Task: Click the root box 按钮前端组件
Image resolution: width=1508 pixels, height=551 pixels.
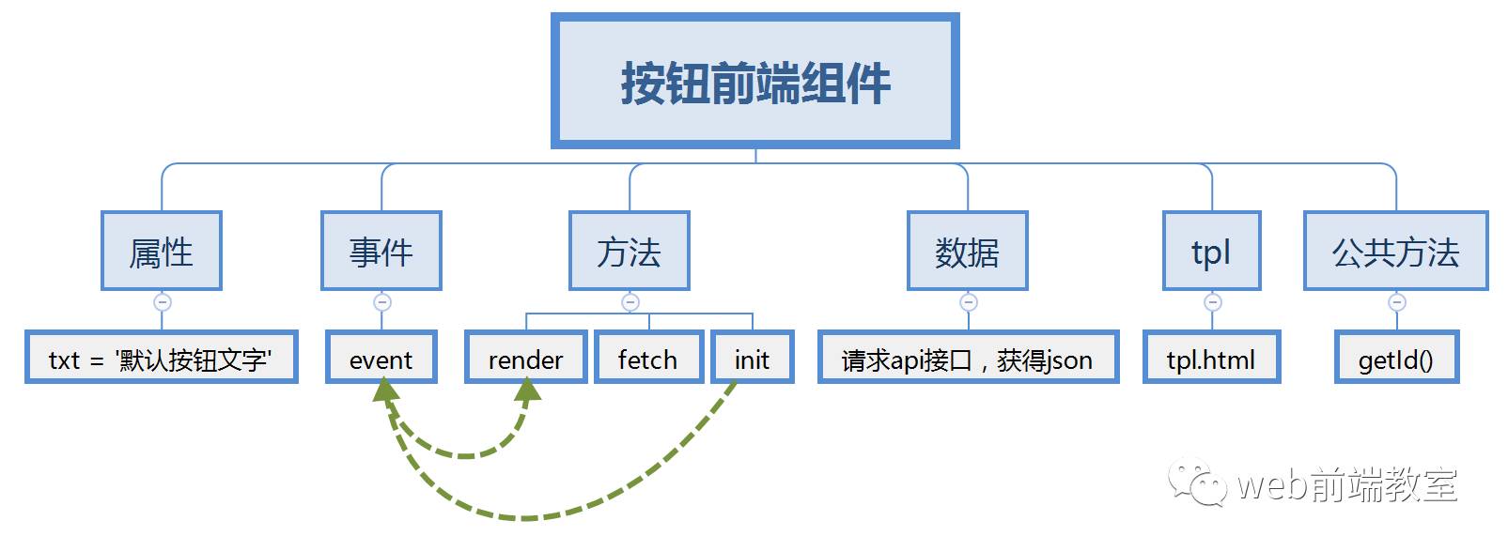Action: pos(754,82)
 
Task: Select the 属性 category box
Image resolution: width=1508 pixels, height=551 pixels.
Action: pos(162,251)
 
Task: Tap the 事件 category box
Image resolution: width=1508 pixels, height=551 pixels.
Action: pos(381,251)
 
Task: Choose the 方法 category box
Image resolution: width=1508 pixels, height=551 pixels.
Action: pos(630,251)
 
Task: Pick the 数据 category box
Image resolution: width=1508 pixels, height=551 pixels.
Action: pos(967,251)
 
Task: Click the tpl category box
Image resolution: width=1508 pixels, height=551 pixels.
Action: pos(1211,251)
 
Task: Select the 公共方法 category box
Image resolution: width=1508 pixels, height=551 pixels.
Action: pos(1395,251)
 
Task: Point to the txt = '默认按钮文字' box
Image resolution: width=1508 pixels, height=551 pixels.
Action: pos(161,358)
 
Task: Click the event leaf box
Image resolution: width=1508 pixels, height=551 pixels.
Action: pos(381,358)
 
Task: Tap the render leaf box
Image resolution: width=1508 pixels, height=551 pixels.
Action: pos(525,358)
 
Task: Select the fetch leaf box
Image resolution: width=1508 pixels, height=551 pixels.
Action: pos(648,358)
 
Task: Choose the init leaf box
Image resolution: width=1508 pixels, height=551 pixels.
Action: pos(752,358)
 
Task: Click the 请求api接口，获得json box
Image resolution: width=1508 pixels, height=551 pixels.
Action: pos(968,358)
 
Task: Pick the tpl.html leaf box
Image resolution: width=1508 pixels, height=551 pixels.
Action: pos(1211,358)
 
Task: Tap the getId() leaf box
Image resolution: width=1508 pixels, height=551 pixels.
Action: pos(1396,358)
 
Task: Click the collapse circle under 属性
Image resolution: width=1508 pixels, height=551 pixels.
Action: pos(163,302)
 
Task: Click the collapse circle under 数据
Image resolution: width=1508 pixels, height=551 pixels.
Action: pos(969,302)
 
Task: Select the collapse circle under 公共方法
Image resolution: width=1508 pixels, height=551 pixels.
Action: pos(1397,302)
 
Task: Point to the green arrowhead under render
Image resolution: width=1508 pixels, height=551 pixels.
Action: pos(528,391)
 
